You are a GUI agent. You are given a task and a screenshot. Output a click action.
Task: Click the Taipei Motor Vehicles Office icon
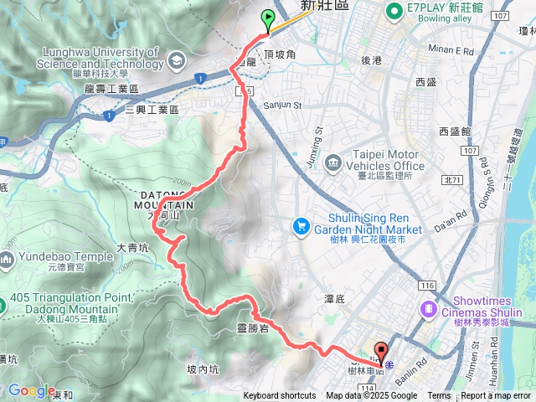click(333, 161)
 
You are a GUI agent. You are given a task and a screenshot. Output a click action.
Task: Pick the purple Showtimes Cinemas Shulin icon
click(430, 309)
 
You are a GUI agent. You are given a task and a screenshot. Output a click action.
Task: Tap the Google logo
click(31, 390)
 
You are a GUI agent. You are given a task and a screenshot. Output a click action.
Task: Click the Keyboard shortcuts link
click(280, 396)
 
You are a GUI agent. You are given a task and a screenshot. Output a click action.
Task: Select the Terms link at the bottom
click(439, 396)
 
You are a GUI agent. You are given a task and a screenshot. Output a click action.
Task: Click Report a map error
click(496, 396)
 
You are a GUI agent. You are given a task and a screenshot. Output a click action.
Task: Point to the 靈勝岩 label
click(252, 327)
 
